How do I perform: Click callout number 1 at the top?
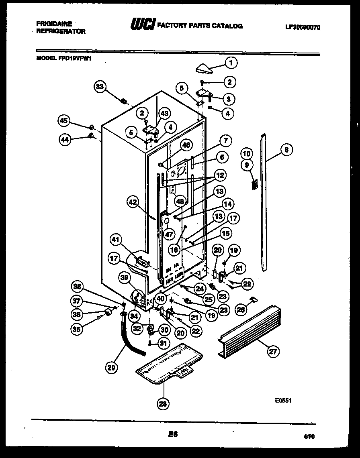click(x=231, y=62)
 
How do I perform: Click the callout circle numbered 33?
click(x=101, y=86)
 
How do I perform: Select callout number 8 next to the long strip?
click(x=286, y=150)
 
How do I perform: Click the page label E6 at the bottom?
click(x=172, y=434)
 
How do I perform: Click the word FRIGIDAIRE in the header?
click(x=54, y=24)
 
